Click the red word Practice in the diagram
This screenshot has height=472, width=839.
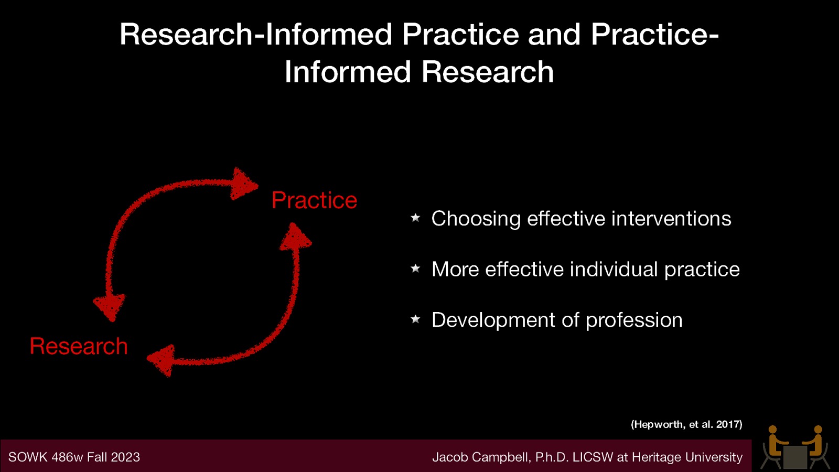click(x=314, y=200)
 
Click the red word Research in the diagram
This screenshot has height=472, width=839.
click(x=79, y=346)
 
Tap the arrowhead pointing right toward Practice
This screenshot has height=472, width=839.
click(x=244, y=184)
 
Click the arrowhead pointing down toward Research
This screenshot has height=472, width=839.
click(x=110, y=306)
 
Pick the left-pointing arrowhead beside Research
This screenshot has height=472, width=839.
click(x=162, y=360)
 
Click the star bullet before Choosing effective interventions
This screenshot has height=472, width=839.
click(x=415, y=218)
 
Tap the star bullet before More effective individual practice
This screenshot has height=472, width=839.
click(x=415, y=269)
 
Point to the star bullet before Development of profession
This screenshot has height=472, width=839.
click(x=415, y=319)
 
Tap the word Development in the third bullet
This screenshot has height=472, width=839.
click(x=493, y=320)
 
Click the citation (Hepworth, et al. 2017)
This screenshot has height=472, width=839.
click(x=686, y=424)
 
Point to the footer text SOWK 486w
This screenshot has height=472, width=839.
click(x=46, y=457)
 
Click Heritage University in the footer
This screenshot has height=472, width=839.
click(x=687, y=457)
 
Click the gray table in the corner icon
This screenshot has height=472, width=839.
click(x=795, y=457)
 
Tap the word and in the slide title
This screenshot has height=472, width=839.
click(x=554, y=35)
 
